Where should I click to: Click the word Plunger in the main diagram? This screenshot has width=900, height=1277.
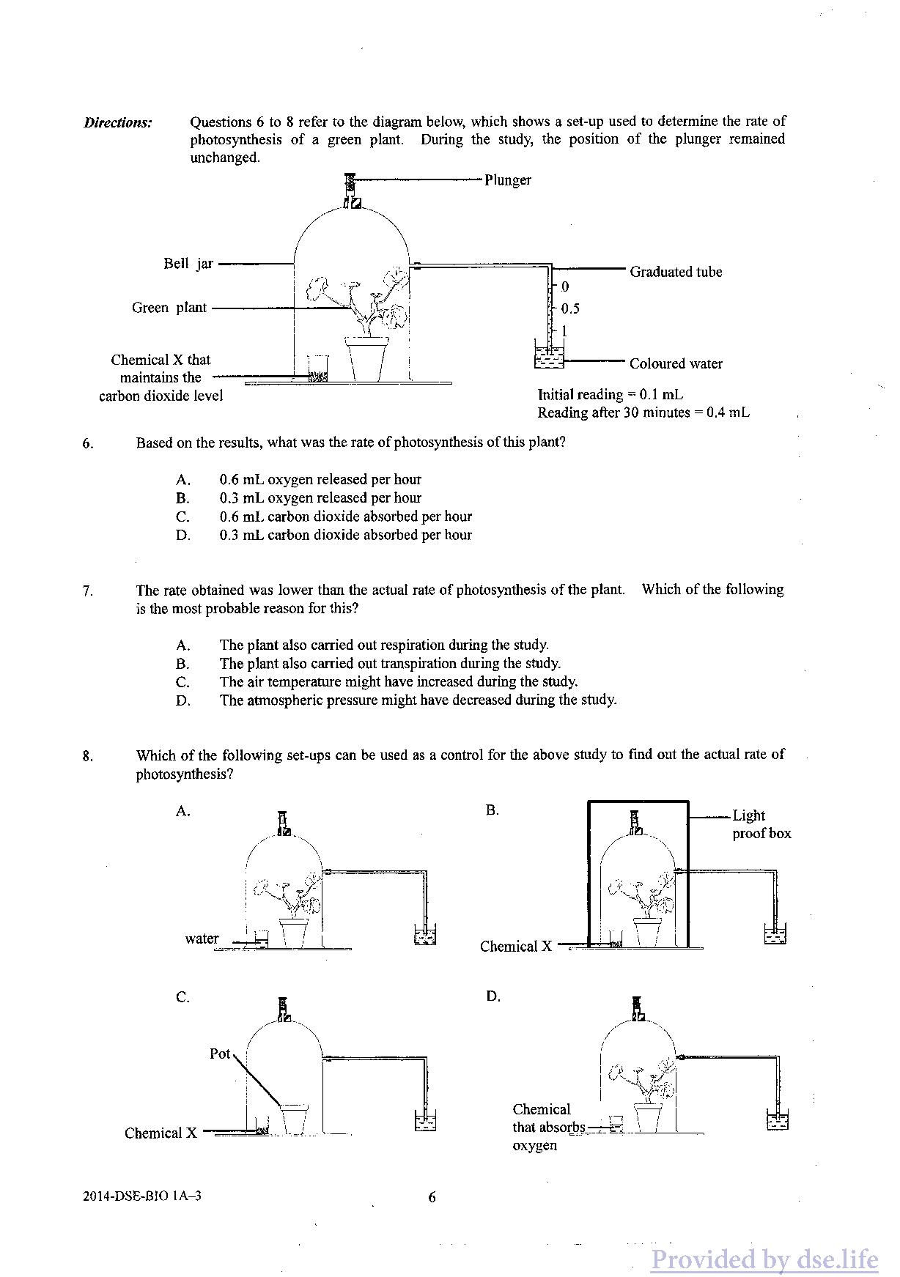pos(507,180)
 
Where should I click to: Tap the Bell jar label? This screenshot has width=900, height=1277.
pos(188,264)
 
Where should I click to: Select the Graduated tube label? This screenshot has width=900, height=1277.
pos(676,272)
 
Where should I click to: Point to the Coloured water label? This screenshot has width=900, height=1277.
pos(676,363)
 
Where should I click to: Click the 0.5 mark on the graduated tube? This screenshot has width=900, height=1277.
pos(570,308)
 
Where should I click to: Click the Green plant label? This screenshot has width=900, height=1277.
pos(169,308)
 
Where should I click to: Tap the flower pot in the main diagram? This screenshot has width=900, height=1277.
pos(367,358)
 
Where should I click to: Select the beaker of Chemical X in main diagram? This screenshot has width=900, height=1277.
pos(318,369)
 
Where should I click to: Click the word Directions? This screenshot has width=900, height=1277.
pos(118,122)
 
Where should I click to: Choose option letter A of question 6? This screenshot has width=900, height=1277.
pos(183,480)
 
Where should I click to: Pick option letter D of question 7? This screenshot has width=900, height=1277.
pos(183,700)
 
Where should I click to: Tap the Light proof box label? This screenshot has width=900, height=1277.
pos(761,824)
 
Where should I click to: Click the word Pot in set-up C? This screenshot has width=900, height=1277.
pos(220,1054)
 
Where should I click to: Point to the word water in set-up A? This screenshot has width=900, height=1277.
pos(202,939)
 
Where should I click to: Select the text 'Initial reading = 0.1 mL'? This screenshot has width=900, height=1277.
pos(611,395)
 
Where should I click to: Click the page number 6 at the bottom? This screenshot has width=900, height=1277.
pos(432,1197)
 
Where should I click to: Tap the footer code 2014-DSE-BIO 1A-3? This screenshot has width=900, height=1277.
pos(142,1196)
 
